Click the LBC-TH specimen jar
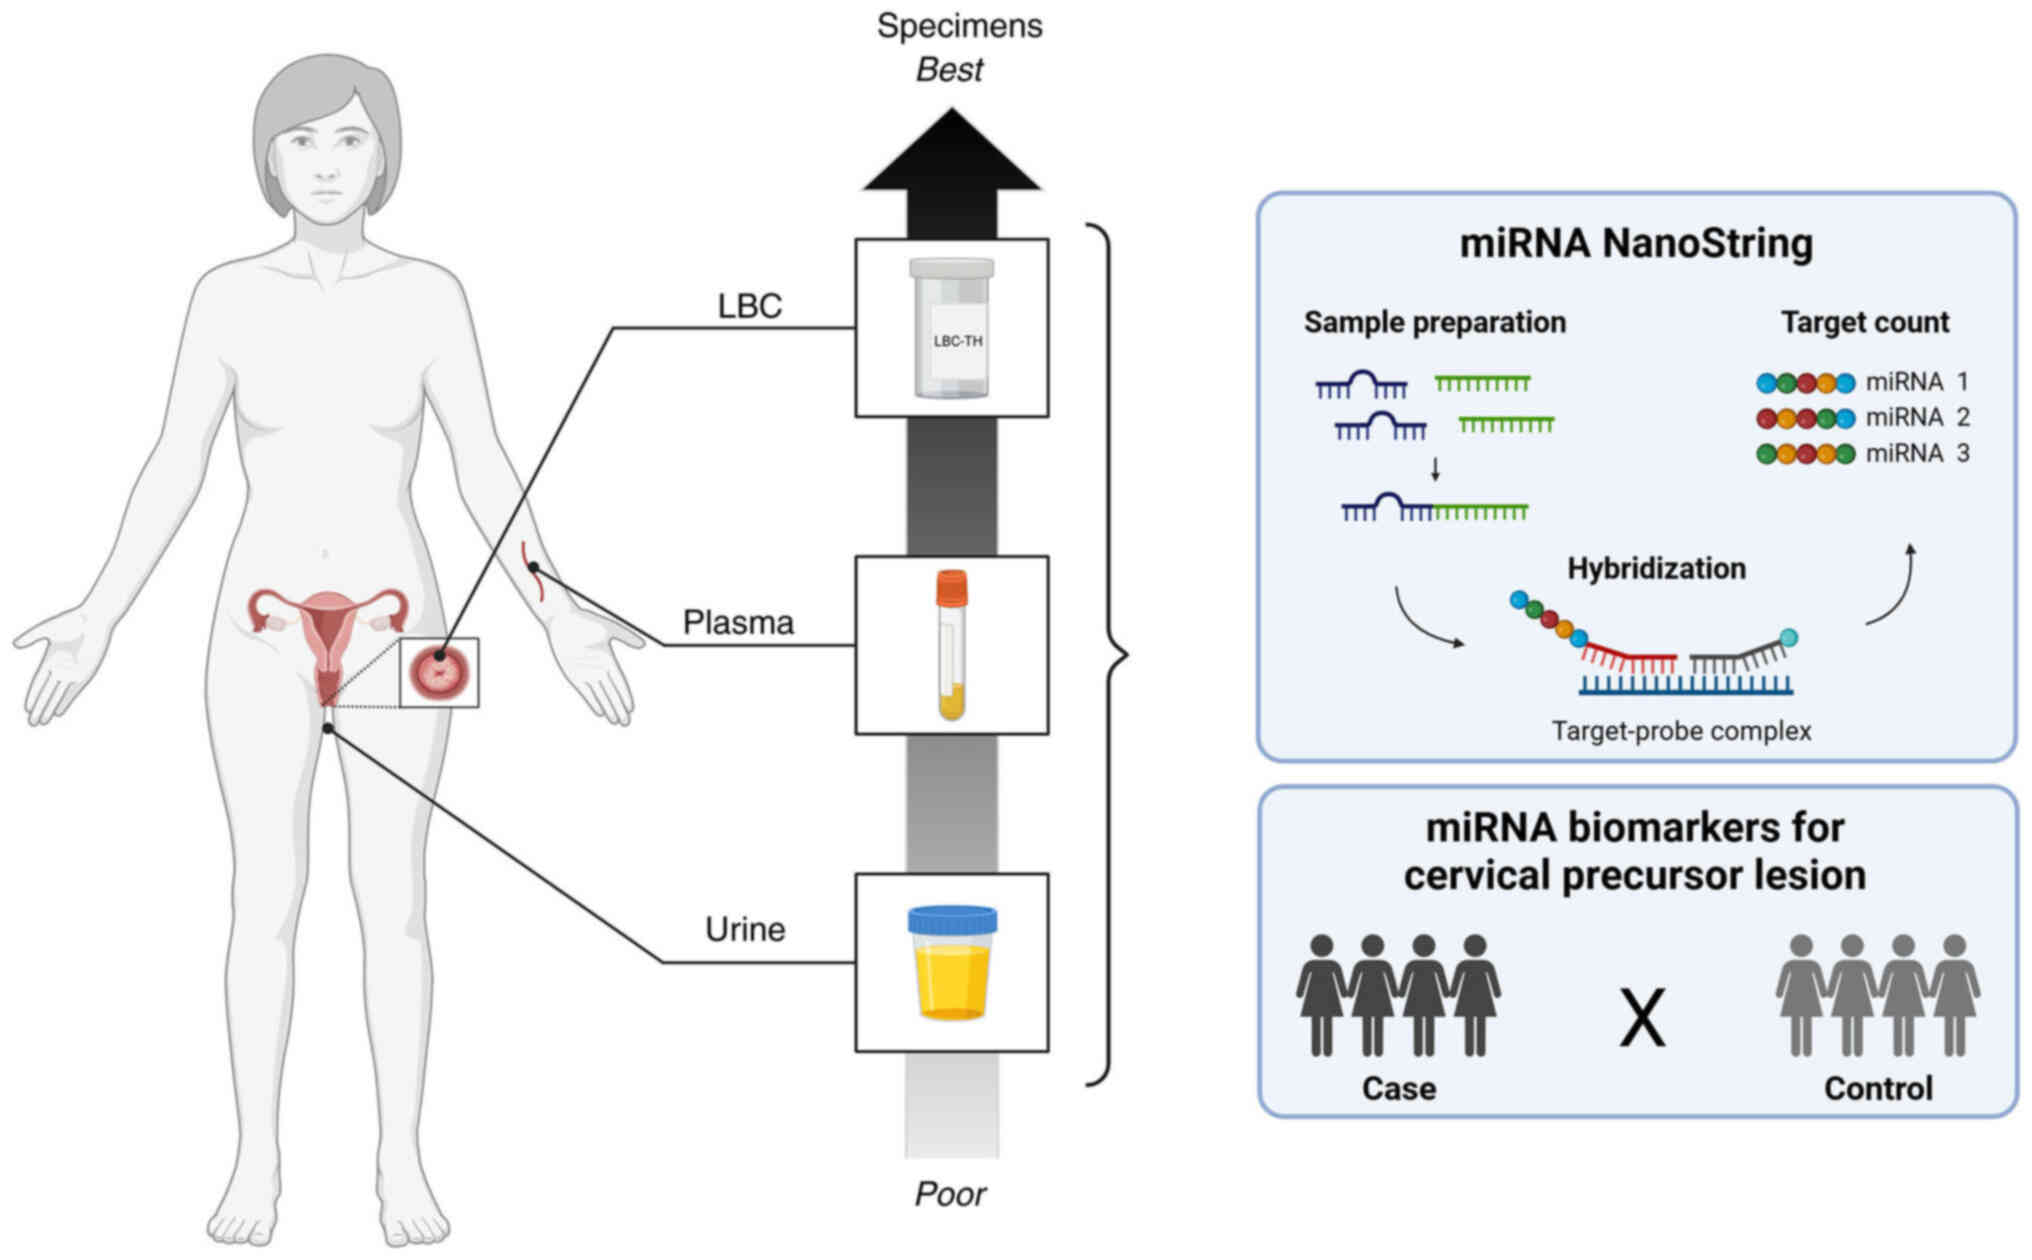tap(952, 328)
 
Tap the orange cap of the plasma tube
tap(952, 588)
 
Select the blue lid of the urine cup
tap(952, 919)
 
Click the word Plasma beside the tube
tap(738, 622)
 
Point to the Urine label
tap(745, 929)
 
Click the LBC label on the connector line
tap(750, 306)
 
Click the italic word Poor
tap(950, 1194)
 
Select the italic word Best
tap(950, 70)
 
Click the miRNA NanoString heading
tap(1636, 243)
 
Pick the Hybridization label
tap(1656, 568)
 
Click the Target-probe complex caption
tap(1681, 731)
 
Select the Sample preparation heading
tap(1435, 322)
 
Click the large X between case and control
tap(1642, 1018)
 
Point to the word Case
tap(1398, 1088)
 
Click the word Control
tap(1878, 1088)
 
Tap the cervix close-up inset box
tap(439, 672)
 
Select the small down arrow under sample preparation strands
tap(1435, 469)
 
